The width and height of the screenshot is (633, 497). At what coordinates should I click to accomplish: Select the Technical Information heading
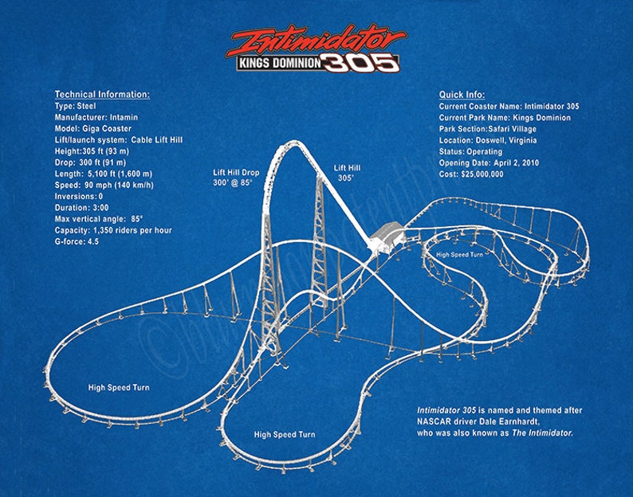(102, 95)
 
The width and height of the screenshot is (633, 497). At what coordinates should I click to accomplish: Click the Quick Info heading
(462, 95)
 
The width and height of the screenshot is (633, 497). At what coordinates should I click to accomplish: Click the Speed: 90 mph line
(104, 185)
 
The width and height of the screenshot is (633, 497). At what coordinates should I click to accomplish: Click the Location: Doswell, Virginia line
(488, 140)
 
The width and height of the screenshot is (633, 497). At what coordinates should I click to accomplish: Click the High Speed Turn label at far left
(118, 388)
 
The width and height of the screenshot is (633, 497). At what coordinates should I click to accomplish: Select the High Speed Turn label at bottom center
(284, 435)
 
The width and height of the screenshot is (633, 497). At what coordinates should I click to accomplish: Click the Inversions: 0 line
(79, 196)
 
